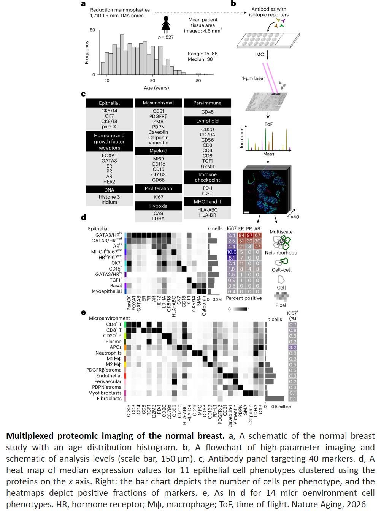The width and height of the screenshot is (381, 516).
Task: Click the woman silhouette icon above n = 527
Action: [x=166, y=25]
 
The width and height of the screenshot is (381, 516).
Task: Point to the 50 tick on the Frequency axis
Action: [x=93, y=30]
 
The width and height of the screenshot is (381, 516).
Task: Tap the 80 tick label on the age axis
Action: [x=198, y=81]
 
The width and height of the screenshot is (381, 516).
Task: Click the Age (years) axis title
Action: [x=156, y=88]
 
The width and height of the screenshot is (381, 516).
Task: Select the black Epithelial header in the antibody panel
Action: [x=109, y=103]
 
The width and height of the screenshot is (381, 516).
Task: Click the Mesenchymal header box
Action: [x=158, y=103]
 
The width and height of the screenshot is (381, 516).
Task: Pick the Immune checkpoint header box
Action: [x=207, y=177]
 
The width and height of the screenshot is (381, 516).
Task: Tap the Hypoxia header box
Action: [x=158, y=206]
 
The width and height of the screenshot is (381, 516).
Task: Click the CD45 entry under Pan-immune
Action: [x=207, y=112]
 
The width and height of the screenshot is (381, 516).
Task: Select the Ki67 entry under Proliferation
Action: [x=158, y=197]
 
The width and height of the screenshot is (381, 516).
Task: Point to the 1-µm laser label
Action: [x=253, y=78]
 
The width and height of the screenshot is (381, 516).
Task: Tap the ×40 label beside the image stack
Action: [x=295, y=217]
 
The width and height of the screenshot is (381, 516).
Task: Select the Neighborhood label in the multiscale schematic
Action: [x=281, y=253]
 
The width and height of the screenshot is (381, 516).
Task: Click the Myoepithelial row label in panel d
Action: [x=107, y=291]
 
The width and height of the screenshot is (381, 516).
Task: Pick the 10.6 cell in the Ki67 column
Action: [x=232, y=252]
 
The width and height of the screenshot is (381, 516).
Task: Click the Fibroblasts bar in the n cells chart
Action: [x=275, y=399]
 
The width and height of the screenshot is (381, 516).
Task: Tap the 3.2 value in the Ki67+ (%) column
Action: [x=292, y=347]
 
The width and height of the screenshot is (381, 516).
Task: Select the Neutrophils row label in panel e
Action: [x=108, y=353]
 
